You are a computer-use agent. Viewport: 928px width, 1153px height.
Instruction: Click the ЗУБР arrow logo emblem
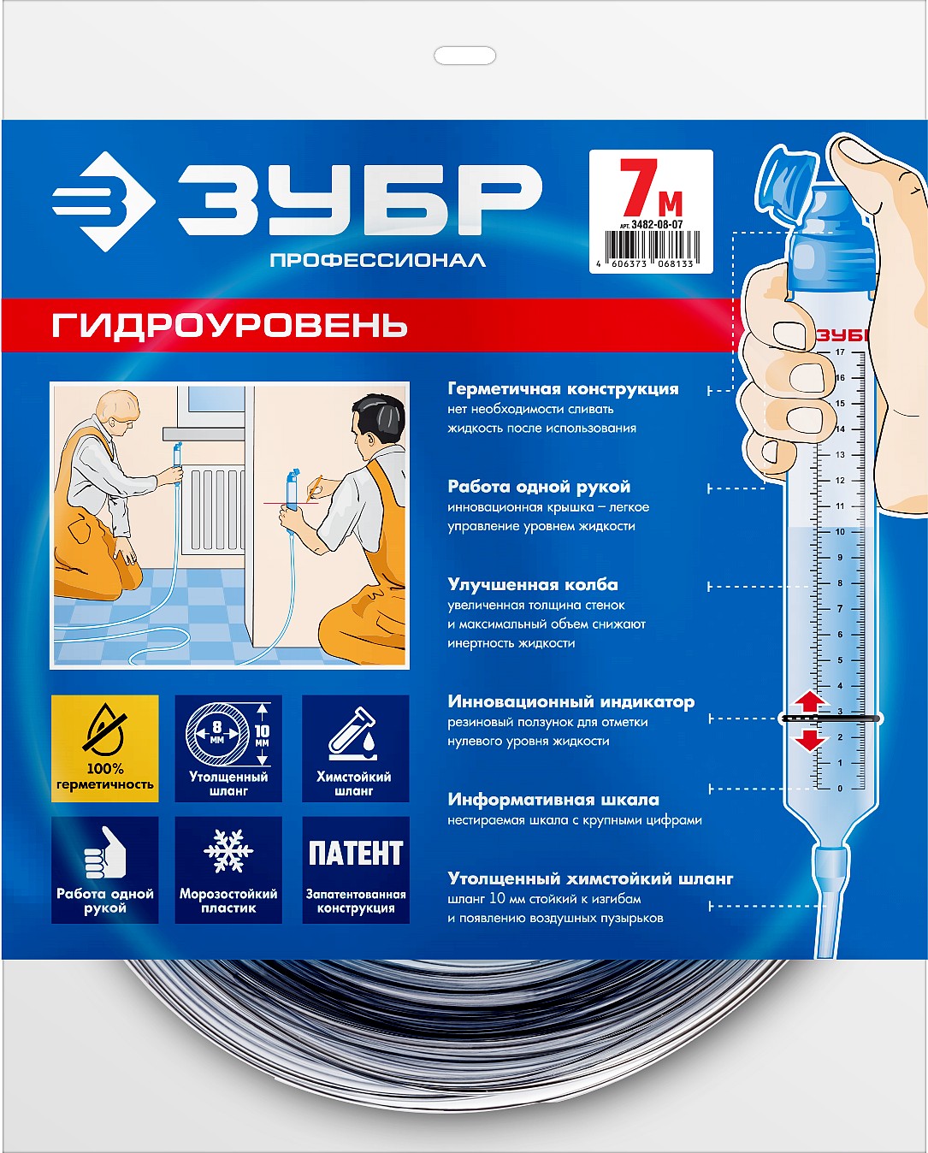pyautogui.click(x=103, y=202)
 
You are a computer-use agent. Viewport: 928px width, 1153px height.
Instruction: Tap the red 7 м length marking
pyautogui.click(x=650, y=190)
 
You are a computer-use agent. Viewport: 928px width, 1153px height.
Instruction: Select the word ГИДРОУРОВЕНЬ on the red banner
pyautogui.click(x=229, y=326)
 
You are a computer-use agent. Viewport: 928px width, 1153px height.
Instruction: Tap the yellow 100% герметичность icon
pyautogui.click(x=105, y=748)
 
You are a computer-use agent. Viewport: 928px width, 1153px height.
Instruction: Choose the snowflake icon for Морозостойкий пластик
pyautogui.click(x=228, y=850)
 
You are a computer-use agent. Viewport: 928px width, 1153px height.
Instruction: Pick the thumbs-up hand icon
pyautogui.click(x=104, y=852)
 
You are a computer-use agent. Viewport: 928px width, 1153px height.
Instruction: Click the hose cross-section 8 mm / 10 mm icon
pyautogui.click(x=228, y=735)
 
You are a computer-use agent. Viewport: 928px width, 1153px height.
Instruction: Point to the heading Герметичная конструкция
pyautogui.click(x=563, y=389)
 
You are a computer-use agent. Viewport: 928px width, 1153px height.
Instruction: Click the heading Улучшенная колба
pyautogui.click(x=533, y=585)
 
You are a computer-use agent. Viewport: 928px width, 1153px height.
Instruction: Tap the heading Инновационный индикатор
pyautogui.click(x=570, y=702)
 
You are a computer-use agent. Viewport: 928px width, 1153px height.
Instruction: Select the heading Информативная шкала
pyautogui.click(x=553, y=801)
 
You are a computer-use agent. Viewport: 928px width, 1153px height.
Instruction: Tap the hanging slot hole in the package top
pyautogui.click(x=465, y=56)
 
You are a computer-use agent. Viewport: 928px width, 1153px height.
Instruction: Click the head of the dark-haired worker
pyautogui.click(x=376, y=419)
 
